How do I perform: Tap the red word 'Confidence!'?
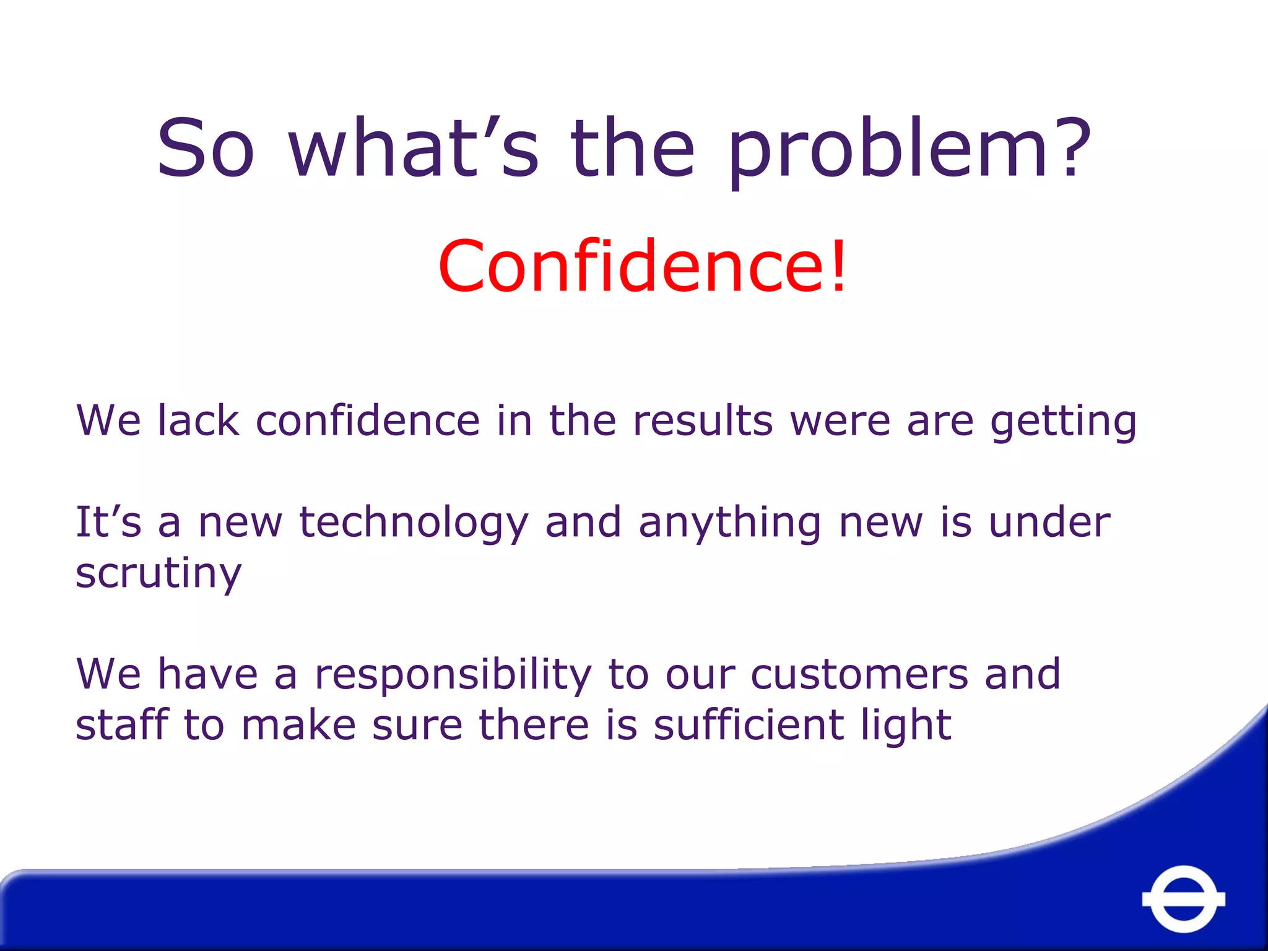642,266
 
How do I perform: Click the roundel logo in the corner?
1183,899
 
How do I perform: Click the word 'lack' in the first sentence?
198,420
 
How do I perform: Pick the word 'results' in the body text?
703,420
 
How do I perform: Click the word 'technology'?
414,523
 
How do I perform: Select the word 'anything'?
730,523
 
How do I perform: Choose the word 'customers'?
859,674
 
